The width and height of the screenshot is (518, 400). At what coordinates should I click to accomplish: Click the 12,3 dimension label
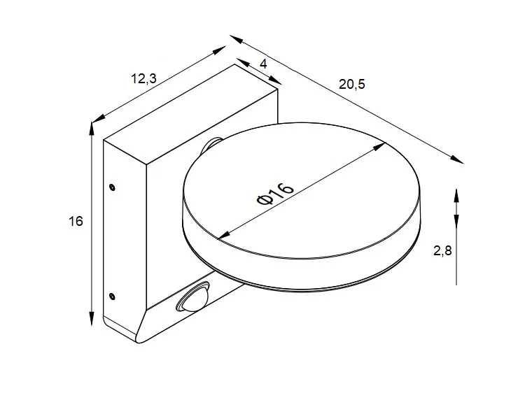point(143,78)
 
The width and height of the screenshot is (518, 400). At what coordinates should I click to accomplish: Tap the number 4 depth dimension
point(263,64)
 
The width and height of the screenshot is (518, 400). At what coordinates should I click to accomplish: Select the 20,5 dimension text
point(352,85)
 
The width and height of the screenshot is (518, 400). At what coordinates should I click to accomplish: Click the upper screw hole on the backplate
point(112,187)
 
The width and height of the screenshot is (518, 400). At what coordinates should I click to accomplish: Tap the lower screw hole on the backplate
point(112,295)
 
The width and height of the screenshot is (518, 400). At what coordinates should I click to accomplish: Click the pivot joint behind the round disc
point(211,144)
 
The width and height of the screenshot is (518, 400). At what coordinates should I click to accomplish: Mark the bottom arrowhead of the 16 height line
point(92,321)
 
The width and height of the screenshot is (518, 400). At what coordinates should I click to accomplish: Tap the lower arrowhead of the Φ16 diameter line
point(221,236)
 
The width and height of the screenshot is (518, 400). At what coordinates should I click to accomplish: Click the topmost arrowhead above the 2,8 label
point(456,192)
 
